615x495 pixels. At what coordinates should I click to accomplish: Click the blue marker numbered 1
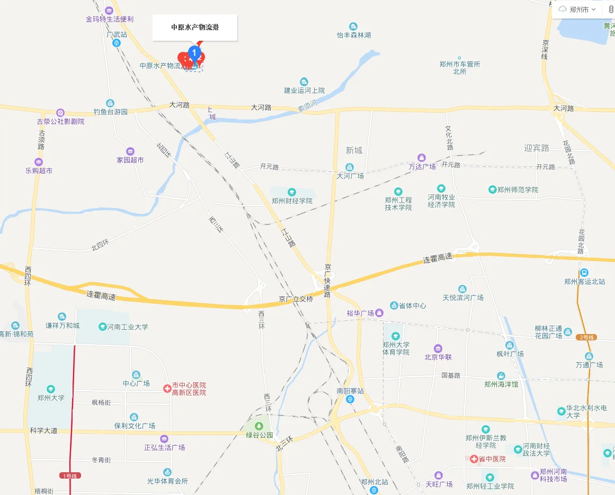click(194, 53)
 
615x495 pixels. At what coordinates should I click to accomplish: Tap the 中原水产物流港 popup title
click(195, 28)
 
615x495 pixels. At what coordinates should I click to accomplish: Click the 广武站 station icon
click(117, 43)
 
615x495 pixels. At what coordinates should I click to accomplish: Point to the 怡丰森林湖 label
click(354, 35)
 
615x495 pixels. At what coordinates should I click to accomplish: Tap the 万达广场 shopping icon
click(422, 158)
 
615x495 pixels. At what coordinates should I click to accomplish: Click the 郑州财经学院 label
click(292, 201)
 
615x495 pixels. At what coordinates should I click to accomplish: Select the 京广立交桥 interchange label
click(296, 299)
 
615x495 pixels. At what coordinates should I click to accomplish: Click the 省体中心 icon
click(394, 305)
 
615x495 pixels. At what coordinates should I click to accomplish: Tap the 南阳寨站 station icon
click(350, 399)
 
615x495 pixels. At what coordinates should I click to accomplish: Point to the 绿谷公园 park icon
click(259, 426)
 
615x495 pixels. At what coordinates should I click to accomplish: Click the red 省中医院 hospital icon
click(474, 459)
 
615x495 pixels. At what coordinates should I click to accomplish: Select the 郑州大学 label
click(51, 398)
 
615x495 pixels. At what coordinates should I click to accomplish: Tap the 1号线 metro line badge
click(70, 475)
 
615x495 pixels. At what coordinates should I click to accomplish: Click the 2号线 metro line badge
click(587, 337)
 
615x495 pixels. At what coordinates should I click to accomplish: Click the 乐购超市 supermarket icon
click(39, 162)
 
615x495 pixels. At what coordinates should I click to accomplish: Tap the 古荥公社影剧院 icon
click(60, 112)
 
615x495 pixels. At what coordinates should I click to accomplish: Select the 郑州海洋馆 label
click(501, 384)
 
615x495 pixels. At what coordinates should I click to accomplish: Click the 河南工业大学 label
click(128, 327)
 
